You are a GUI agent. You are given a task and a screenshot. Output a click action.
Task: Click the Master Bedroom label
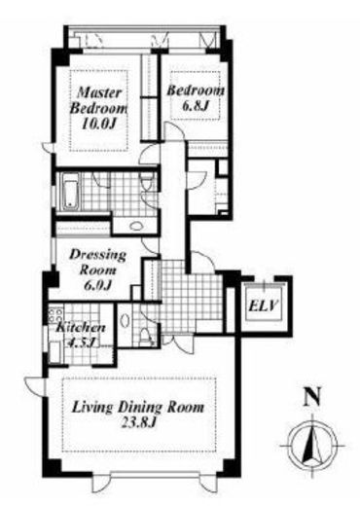click(x=98, y=100)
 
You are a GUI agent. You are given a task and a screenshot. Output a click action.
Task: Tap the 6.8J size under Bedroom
click(x=195, y=106)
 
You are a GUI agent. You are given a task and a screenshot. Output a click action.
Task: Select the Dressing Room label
click(x=97, y=262)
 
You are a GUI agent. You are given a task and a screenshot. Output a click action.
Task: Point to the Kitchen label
click(x=81, y=327)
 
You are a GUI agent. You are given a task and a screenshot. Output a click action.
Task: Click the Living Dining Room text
click(x=138, y=408)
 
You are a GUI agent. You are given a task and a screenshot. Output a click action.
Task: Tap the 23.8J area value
click(x=138, y=422)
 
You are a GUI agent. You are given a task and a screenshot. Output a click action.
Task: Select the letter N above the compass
click(x=312, y=396)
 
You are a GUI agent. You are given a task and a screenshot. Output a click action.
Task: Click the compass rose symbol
click(x=312, y=446)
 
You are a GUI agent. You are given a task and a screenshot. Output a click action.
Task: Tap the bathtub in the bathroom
click(x=70, y=191)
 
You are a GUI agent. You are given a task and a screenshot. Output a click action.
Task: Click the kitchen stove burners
click(x=55, y=315)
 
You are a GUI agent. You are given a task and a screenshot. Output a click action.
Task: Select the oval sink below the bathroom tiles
click(x=136, y=226)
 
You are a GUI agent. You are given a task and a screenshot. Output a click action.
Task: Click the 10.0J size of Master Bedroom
click(x=98, y=124)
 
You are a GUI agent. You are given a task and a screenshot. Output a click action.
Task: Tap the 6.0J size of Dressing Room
click(x=97, y=284)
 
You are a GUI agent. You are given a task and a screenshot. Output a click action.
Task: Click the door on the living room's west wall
click(x=36, y=386)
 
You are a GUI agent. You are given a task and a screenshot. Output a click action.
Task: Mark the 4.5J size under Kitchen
click(x=81, y=343)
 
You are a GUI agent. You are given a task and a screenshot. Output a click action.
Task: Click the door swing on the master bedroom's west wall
click(x=49, y=148)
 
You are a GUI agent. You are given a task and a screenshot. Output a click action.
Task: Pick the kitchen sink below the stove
click(x=55, y=352)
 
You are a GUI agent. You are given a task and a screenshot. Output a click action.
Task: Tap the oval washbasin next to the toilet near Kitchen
click(x=124, y=320)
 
